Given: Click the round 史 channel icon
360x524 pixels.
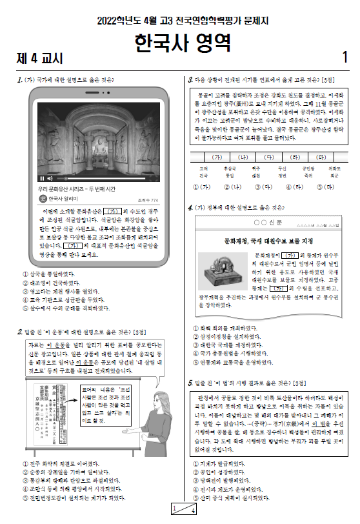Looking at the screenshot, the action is click(43, 199).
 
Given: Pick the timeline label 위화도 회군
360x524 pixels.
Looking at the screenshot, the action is click(334, 172).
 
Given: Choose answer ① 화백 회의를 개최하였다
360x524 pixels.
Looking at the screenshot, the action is click(223, 327).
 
